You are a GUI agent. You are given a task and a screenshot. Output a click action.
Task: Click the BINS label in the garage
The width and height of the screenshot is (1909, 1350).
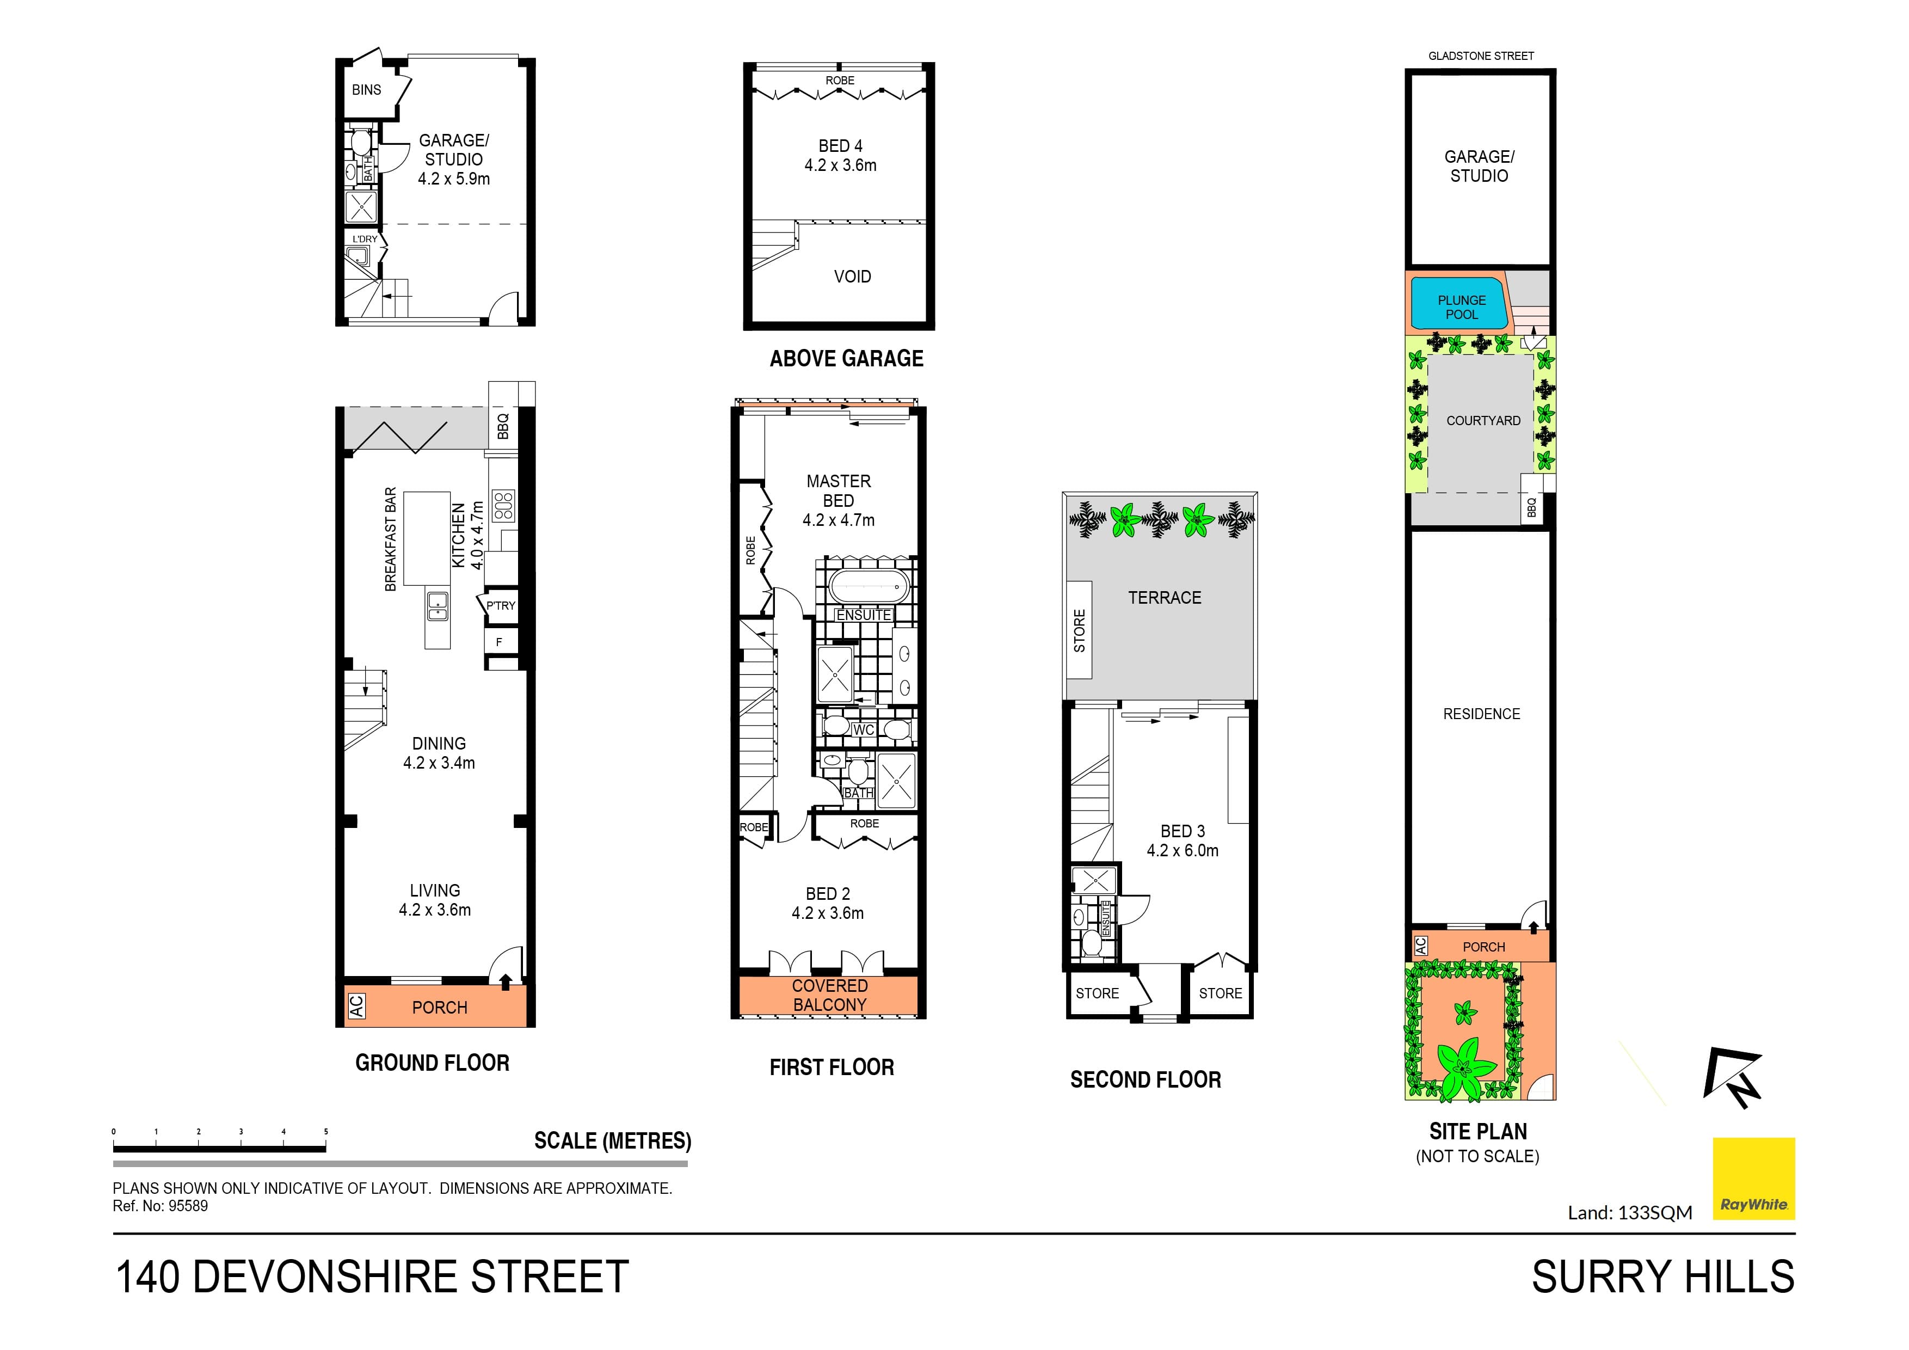point(366,90)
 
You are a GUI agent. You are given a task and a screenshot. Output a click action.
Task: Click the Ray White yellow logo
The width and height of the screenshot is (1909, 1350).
point(1753,1178)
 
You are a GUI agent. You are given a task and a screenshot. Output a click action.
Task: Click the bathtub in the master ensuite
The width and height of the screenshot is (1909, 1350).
point(866,586)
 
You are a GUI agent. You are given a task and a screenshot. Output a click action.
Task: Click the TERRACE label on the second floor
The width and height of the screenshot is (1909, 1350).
point(1164,598)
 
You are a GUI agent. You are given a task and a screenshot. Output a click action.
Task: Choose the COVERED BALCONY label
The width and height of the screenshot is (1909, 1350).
point(829,996)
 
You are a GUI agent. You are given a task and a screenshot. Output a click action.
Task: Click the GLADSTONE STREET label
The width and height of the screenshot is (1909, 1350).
point(1481,56)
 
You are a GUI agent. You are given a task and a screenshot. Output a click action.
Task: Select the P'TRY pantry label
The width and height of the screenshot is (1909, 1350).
point(501,605)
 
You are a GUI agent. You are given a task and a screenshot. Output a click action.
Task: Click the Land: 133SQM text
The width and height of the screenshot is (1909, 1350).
point(1630,1213)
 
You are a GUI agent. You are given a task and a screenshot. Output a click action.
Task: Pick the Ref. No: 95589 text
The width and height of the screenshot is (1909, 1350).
point(161,1206)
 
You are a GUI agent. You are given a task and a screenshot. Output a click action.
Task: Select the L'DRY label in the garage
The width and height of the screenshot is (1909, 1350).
point(364,240)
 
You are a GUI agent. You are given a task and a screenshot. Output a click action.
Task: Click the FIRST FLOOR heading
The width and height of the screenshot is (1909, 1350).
point(832,1067)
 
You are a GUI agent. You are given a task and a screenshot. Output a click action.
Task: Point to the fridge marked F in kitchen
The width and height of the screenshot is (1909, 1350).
point(499,642)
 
